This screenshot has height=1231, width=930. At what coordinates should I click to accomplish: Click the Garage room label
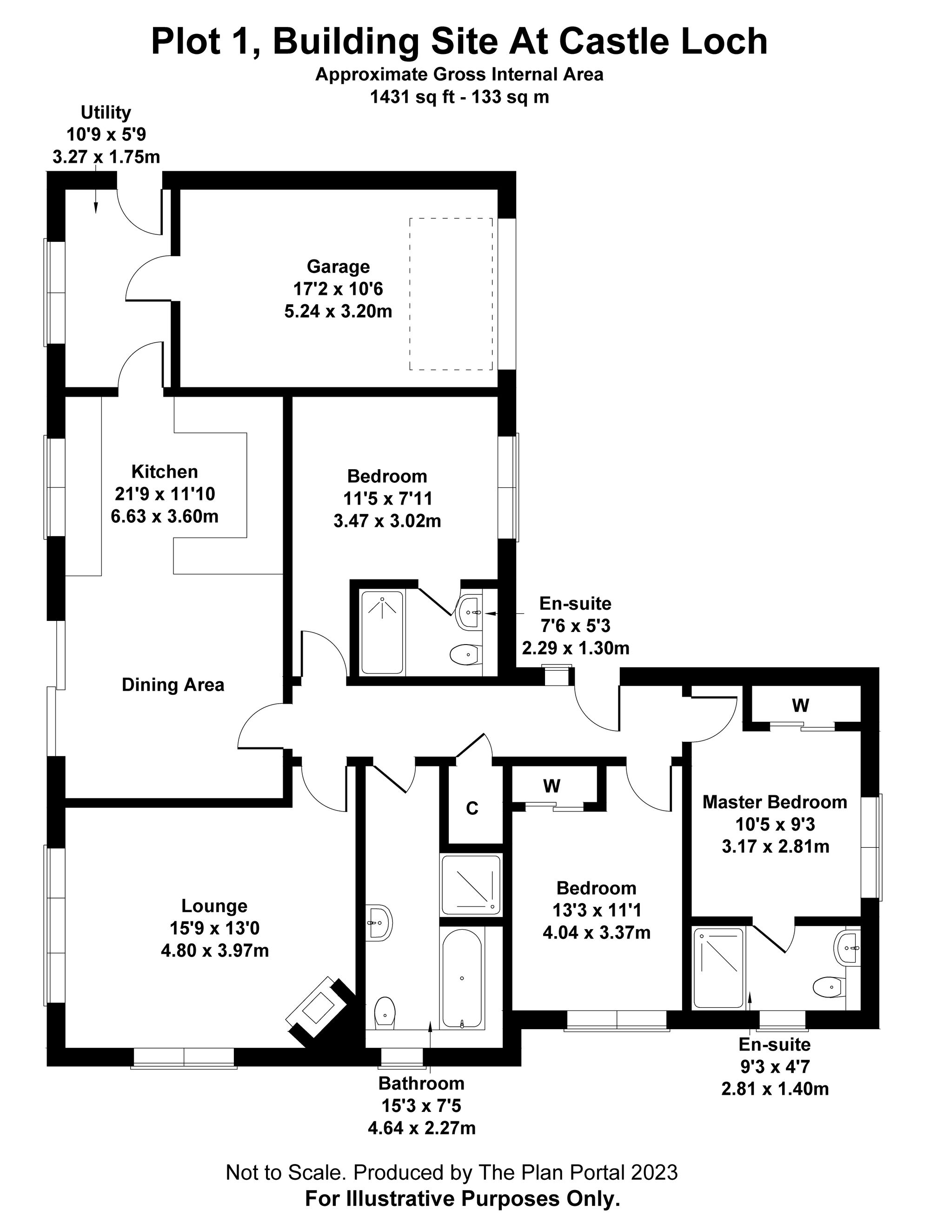[338, 267]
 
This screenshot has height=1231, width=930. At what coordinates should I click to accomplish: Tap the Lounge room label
[214, 906]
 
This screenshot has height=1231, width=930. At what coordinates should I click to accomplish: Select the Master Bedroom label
[775, 802]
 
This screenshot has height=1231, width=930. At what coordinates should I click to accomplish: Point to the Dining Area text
[173, 685]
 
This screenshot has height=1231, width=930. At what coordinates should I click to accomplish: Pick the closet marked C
[472, 808]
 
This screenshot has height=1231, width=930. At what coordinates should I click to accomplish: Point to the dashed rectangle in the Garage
[451, 294]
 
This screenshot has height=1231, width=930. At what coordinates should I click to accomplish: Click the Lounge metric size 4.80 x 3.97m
[215, 951]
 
